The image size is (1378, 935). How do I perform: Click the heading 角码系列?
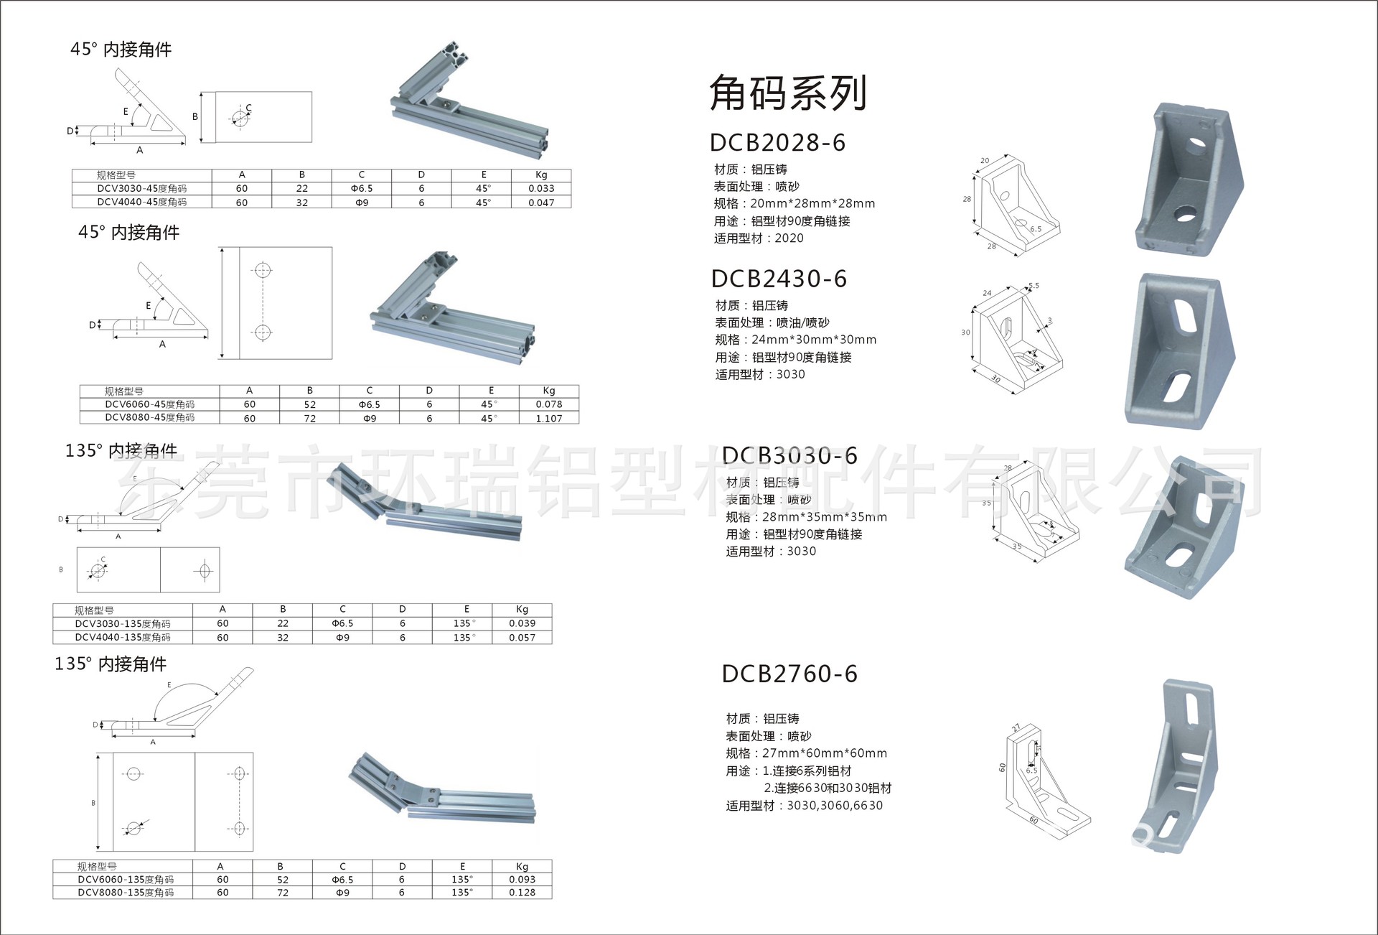coord(788,94)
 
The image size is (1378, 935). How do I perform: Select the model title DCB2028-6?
coord(777,143)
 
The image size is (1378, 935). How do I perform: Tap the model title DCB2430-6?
coord(779,279)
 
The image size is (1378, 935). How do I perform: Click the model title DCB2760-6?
coord(789,674)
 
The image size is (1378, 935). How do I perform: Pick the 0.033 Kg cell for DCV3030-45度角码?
coord(540,188)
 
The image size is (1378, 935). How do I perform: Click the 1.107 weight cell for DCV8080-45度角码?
coord(548,418)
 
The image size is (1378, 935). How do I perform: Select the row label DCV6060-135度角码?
coord(126,879)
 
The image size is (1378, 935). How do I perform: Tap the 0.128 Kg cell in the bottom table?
coord(522,893)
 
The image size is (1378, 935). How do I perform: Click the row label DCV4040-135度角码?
coord(123,637)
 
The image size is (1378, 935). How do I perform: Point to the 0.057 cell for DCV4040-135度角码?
coord(522,637)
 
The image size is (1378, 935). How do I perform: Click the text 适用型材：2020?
coord(759,238)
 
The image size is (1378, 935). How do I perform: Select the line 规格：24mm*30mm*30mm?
coord(795,340)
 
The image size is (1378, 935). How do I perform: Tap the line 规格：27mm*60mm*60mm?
coord(806,753)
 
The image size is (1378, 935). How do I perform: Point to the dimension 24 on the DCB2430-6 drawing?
coord(987,293)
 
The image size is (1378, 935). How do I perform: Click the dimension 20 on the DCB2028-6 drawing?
coord(985,161)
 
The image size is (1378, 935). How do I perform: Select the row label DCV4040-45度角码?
coord(142,202)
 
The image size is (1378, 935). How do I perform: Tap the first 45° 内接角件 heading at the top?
coord(121,50)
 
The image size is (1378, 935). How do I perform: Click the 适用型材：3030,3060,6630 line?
coord(804,806)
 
